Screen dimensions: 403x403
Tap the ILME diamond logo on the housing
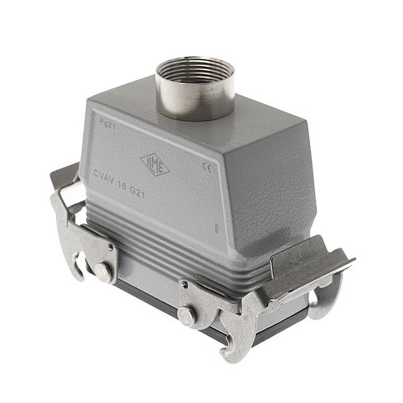tap(155, 164)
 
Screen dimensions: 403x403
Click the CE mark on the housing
tap(206, 167)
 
